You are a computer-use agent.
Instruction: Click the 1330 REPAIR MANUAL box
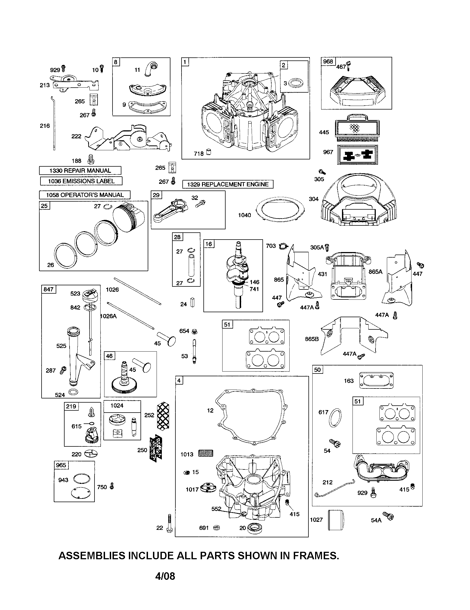pyautogui.click(x=80, y=170)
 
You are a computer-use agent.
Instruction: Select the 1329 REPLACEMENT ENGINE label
pyautogui.click(x=228, y=184)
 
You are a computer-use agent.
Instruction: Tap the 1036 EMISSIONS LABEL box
pyautogui.click(x=81, y=181)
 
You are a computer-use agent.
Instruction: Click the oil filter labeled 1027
pyautogui.click(x=335, y=520)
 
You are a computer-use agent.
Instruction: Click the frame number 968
pyautogui.click(x=328, y=62)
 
